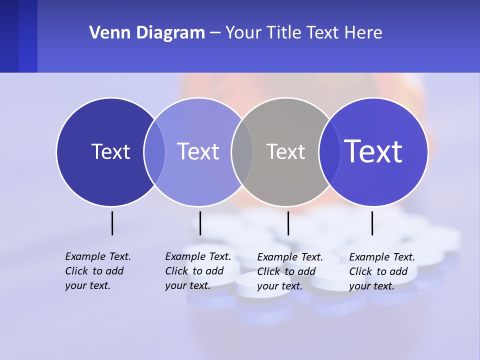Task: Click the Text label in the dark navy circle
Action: pos(110,151)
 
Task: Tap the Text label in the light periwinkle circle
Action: pos(198,151)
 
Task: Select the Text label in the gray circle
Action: pos(285,151)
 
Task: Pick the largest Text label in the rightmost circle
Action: pos(373,151)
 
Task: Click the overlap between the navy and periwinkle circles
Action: pos(154,151)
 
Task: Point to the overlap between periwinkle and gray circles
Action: pos(242,151)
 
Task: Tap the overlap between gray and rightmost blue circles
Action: pos(329,151)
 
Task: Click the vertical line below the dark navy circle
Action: pos(112,223)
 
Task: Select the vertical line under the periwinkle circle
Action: pos(200,223)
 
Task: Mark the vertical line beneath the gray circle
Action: pos(288,223)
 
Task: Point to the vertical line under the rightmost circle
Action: pos(372,223)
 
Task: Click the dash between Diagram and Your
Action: pos(215,33)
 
